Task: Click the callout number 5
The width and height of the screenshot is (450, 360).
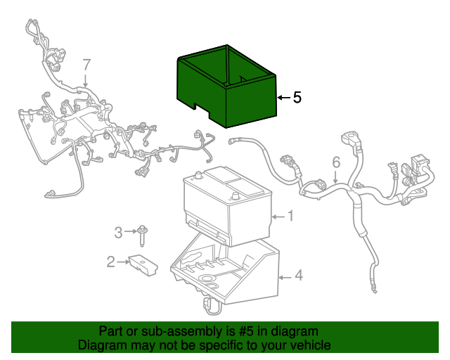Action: [x=297, y=97]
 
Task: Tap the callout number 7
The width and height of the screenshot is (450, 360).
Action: [x=86, y=65]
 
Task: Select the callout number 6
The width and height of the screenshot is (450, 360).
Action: [x=336, y=162]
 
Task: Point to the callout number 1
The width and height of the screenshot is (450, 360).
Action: [x=290, y=216]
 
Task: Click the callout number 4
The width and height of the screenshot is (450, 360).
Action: [x=299, y=275]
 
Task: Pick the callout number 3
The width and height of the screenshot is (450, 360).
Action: [x=118, y=232]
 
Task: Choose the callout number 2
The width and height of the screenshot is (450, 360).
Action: [x=111, y=262]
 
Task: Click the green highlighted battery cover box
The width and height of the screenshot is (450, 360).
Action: [x=226, y=86]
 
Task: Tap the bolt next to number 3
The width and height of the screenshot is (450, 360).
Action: [x=141, y=236]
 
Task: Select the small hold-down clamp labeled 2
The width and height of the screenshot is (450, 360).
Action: [x=143, y=264]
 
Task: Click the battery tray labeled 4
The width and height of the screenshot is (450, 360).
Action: [x=224, y=273]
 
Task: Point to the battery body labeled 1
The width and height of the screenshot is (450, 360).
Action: [x=227, y=206]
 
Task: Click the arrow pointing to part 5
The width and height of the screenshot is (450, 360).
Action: [x=284, y=98]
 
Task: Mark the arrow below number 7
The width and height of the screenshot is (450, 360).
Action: [x=86, y=80]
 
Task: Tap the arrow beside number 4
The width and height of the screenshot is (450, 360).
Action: [x=285, y=277]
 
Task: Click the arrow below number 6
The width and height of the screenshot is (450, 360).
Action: [x=335, y=177]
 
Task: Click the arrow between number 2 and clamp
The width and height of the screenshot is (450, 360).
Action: [x=123, y=262]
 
